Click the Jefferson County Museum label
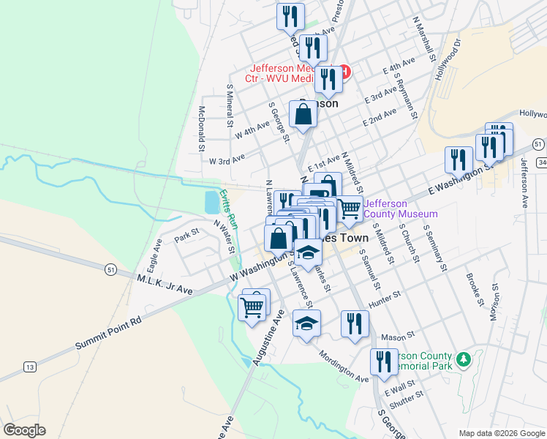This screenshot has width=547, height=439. (x=400, y=209)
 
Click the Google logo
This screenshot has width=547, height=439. (x=24, y=430)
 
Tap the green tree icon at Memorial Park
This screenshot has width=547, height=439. (x=462, y=359)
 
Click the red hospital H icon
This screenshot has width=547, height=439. (x=344, y=72)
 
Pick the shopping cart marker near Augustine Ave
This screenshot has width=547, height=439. (x=252, y=307)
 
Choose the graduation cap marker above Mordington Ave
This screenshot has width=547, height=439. (x=306, y=323)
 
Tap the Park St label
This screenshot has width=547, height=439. (x=186, y=239)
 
